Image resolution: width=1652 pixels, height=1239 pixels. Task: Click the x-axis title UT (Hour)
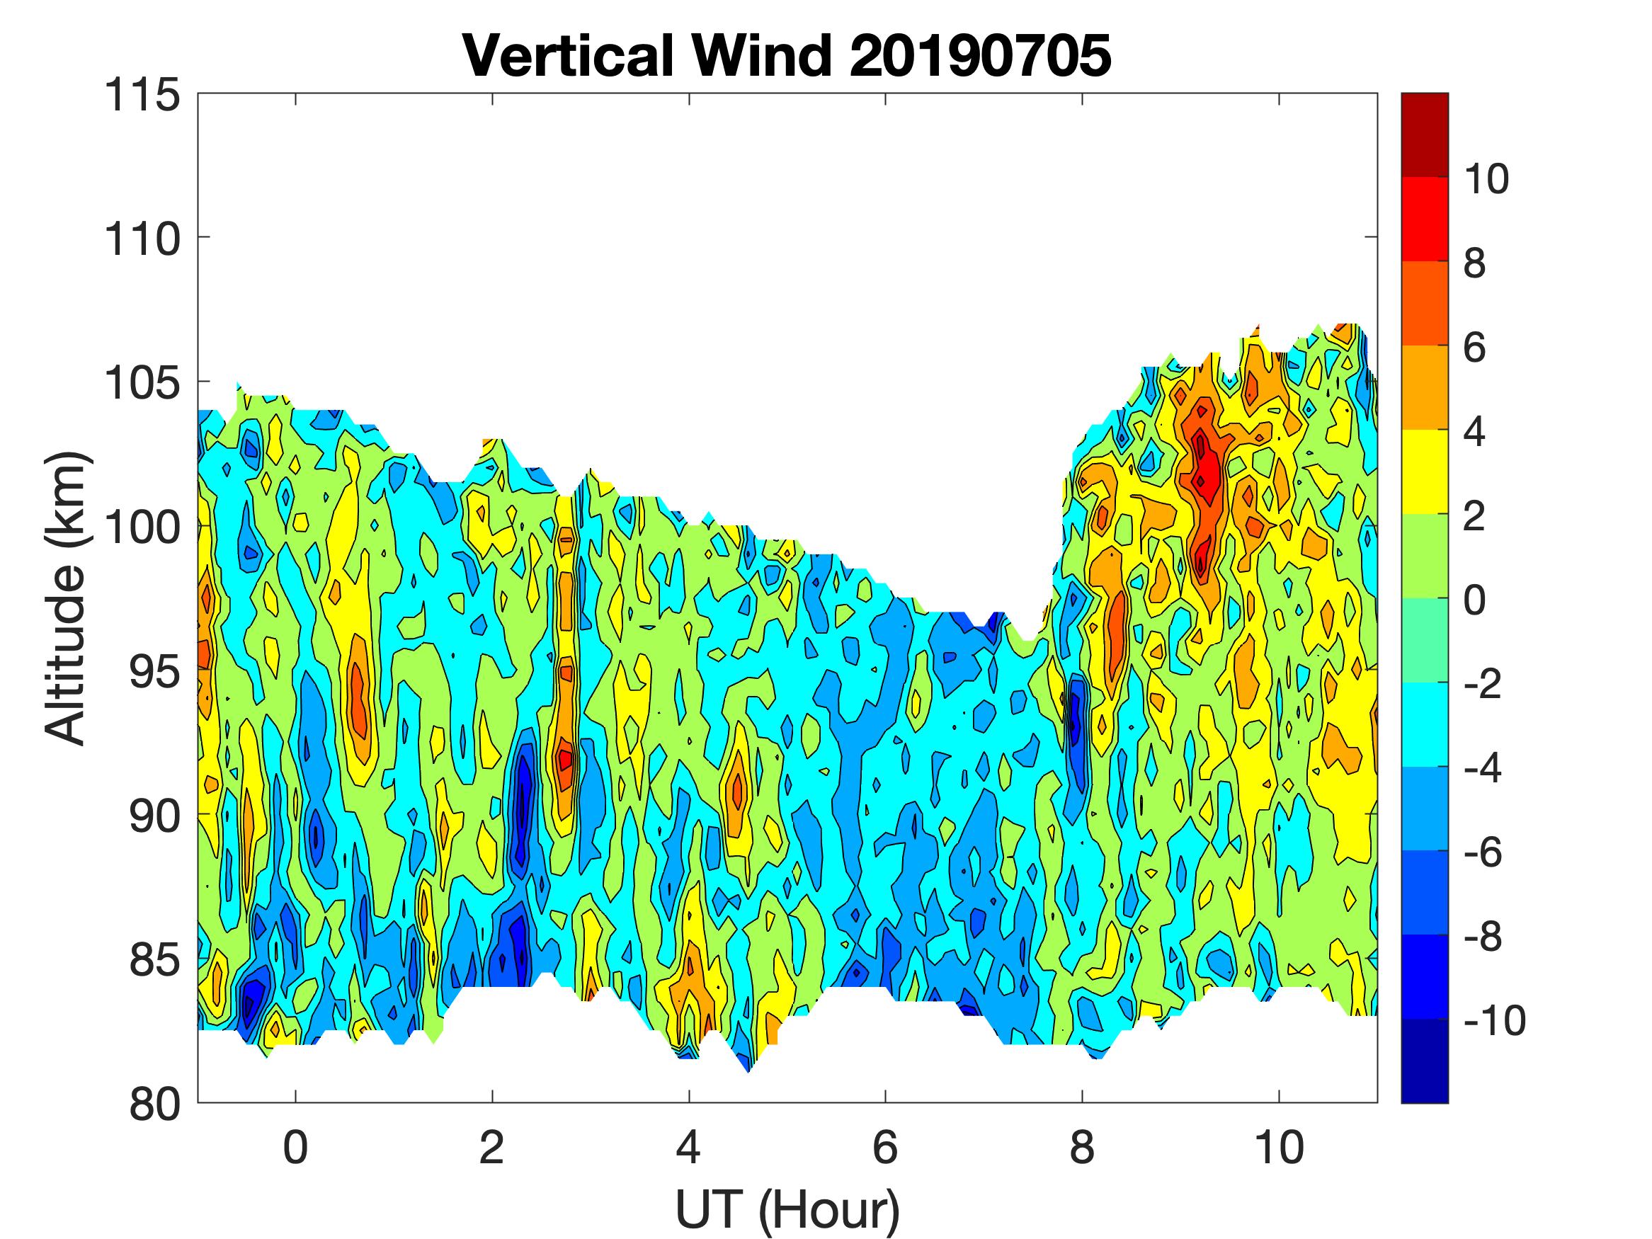point(787,1209)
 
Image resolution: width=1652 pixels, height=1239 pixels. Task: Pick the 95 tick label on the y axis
point(154,672)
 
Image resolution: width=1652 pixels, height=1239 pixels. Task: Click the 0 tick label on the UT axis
point(296,1148)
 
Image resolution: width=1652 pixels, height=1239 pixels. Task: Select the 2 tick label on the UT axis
point(492,1148)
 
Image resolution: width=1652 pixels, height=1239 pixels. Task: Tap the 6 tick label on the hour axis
point(885,1148)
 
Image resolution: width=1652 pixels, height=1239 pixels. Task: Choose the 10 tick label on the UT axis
point(1279,1148)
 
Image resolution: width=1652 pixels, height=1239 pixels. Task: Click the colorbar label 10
point(1486,179)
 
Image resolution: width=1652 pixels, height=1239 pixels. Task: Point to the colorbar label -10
point(1494,1020)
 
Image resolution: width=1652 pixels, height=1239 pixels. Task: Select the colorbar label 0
point(1474,600)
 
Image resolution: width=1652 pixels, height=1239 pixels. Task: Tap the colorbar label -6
point(1483,852)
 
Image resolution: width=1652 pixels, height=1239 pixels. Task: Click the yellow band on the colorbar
point(1424,472)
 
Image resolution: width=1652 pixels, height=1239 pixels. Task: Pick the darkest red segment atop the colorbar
point(1424,135)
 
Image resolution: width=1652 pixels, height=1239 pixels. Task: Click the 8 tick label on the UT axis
point(1082,1148)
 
